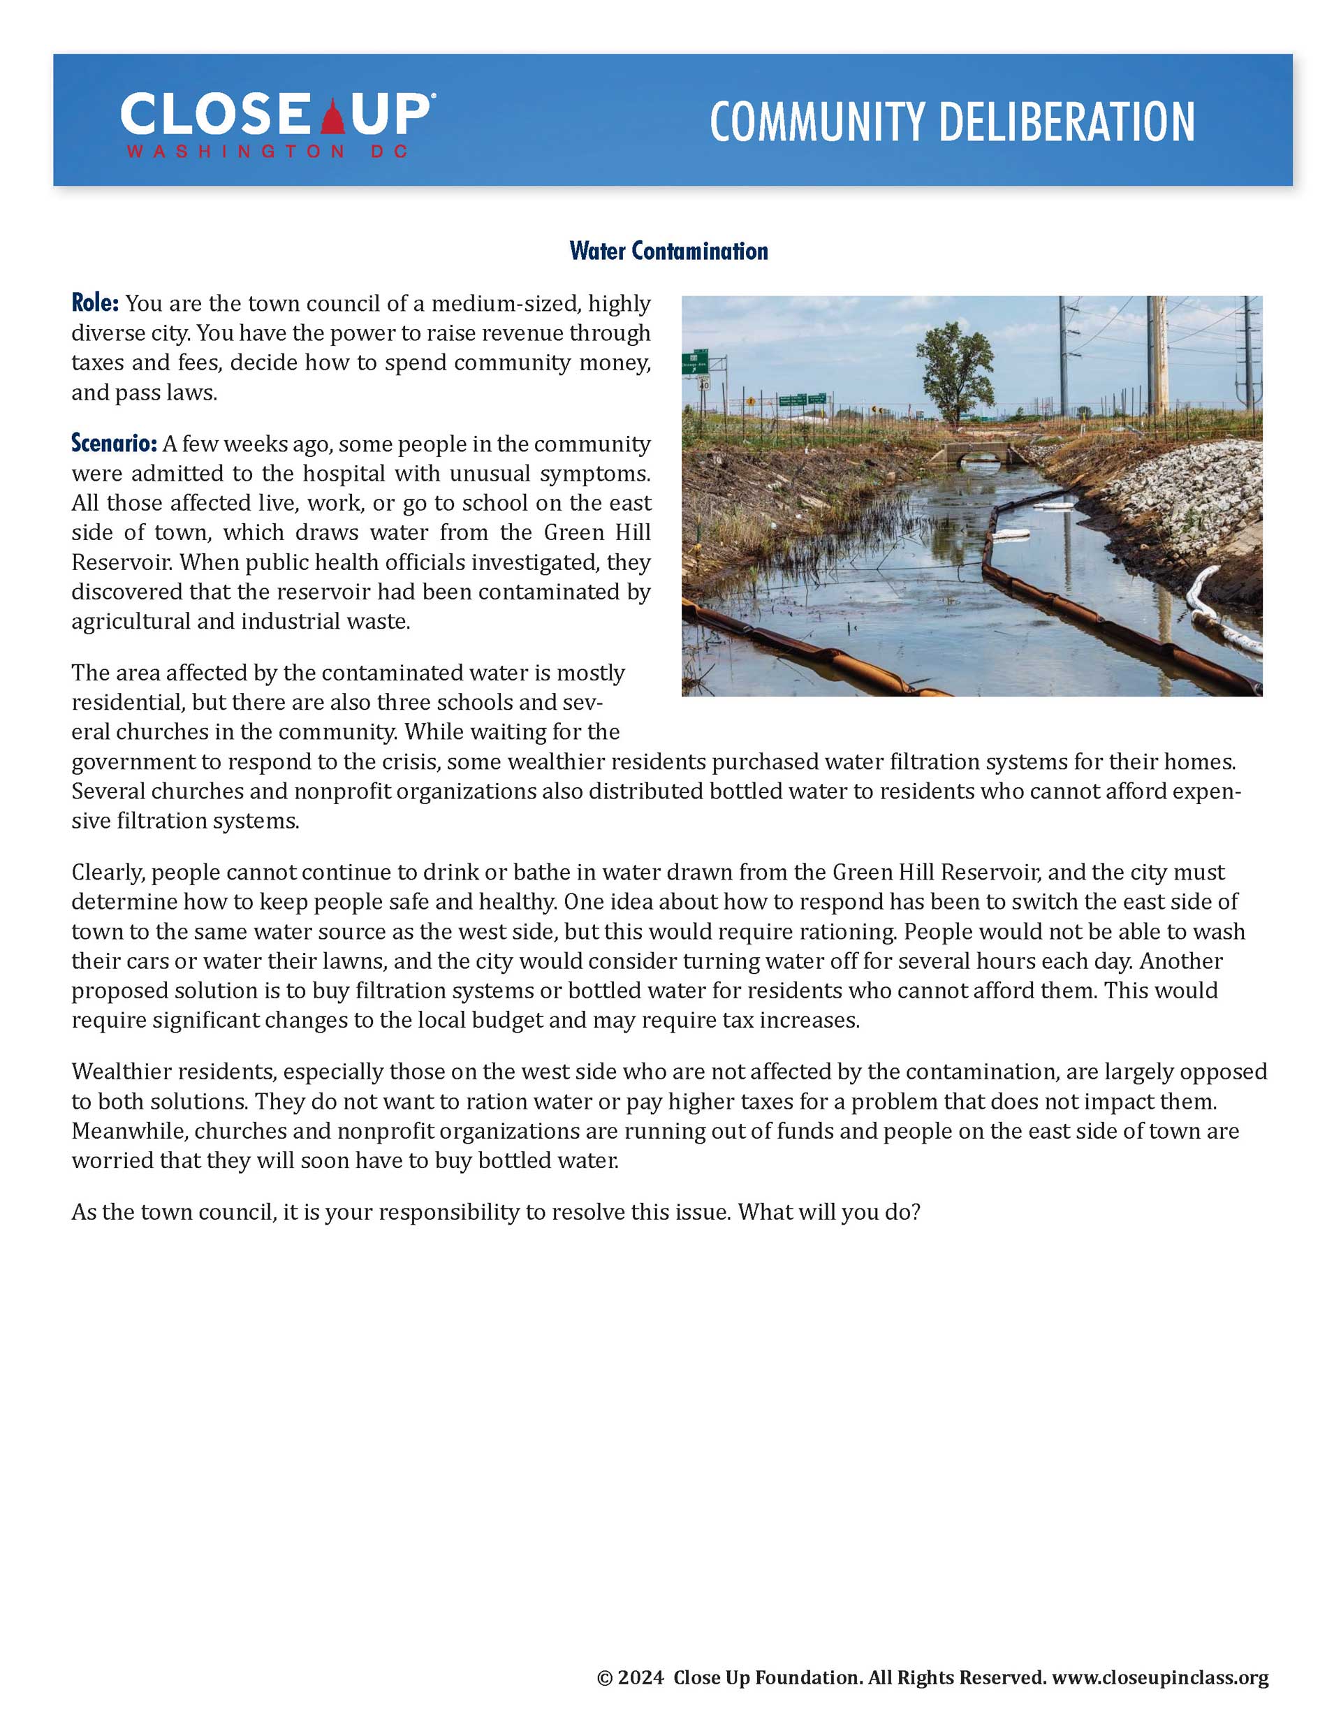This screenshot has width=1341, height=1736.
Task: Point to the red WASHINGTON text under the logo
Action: tap(235, 151)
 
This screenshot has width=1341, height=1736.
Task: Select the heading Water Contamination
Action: tap(668, 251)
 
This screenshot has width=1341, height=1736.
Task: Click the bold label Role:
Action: tap(94, 303)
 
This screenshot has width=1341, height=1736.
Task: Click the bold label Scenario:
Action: tap(114, 443)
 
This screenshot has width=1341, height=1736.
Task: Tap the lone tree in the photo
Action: tap(955, 369)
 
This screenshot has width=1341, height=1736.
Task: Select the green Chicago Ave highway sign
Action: tap(696, 362)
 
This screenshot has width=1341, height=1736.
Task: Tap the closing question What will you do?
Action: tap(828, 1212)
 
